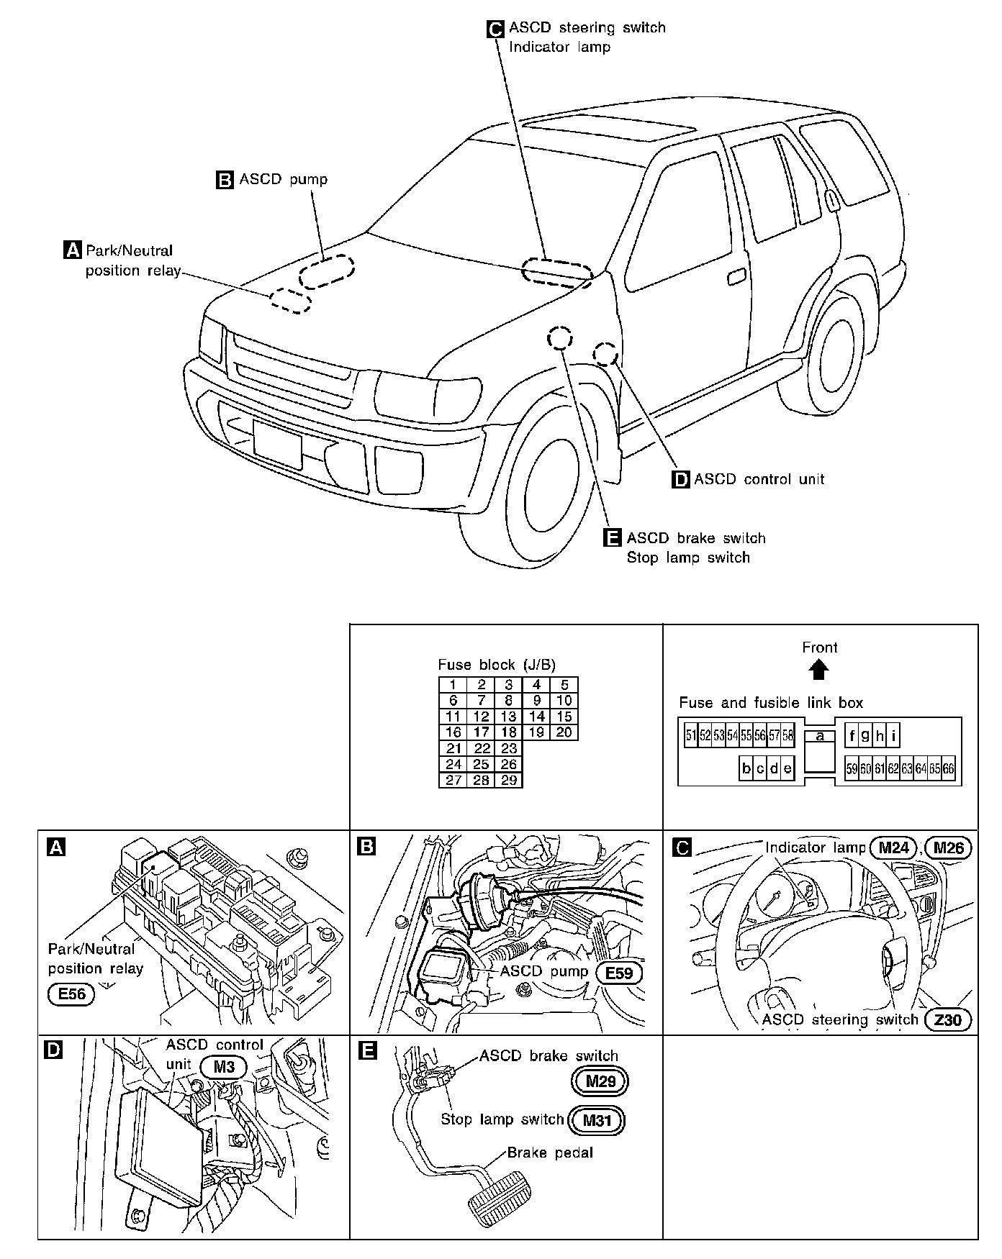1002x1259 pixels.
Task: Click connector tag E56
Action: pos(71,994)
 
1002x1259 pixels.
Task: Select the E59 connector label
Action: pos(619,973)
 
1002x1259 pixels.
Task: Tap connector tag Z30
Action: pos(948,1019)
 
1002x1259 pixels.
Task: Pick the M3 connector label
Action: pos(225,1066)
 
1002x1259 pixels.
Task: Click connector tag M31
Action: pos(596,1120)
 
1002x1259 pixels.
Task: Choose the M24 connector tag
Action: pos(893,847)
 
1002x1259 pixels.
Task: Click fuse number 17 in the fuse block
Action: pos(481,732)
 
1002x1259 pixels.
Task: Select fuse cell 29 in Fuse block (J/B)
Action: pos(508,780)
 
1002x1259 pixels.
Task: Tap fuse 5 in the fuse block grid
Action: pos(564,685)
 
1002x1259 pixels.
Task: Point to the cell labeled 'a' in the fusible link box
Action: pos(819,736)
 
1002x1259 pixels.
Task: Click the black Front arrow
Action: pos(819,671)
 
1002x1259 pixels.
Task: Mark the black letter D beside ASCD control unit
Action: pos(680,479)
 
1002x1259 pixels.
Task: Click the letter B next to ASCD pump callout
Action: pos(225,180)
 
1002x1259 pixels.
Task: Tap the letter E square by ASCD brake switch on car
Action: pos(612,538)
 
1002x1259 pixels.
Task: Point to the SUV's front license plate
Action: pos(277,445)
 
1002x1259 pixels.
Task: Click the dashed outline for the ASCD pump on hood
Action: pos(328,273)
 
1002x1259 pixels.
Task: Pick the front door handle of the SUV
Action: pos(736,277)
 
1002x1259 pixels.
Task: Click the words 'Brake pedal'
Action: pos(550,1153)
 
